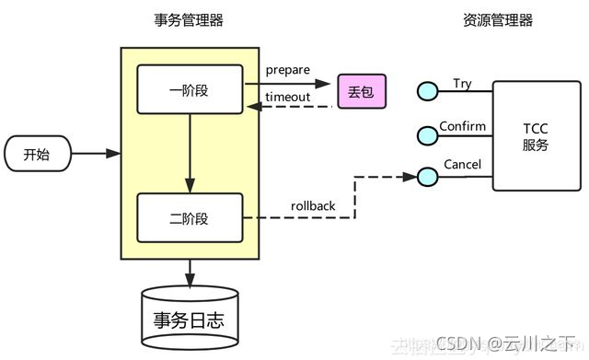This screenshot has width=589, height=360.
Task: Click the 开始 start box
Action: pyautogui.click(x=36, y=154)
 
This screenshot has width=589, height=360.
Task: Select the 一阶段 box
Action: pyautogui.click(x=190, y=89)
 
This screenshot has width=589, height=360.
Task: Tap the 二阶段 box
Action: pyautogui.click(x=190, y=218)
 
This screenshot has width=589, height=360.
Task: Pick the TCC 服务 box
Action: pyautogui.click(x=535, y=135)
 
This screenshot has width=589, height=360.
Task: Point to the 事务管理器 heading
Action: pyautogui.click(x=189, y=20)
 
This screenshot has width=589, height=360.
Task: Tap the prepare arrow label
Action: pyautogui.click(x=287, y=70)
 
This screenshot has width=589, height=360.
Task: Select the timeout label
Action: pyautogui.click(x=287, y=98)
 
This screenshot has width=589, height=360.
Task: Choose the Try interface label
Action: pyautogui.click(x=462, y=84)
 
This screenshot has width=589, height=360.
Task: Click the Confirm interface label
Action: pyautogui.click(x=462, y=125)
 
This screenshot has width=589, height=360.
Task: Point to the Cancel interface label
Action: pyautogui.click(x=462, y=165)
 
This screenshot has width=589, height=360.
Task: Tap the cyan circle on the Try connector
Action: pyautogui.click(x=426, y=91)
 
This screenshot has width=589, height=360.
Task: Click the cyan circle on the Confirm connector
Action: pyautogui.click(x=426, y=135)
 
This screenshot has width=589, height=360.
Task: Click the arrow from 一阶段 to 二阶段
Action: pyautogui.click(x=190, y=152)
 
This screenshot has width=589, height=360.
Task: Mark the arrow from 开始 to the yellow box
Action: pyautogui.click(x=97, y=154)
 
